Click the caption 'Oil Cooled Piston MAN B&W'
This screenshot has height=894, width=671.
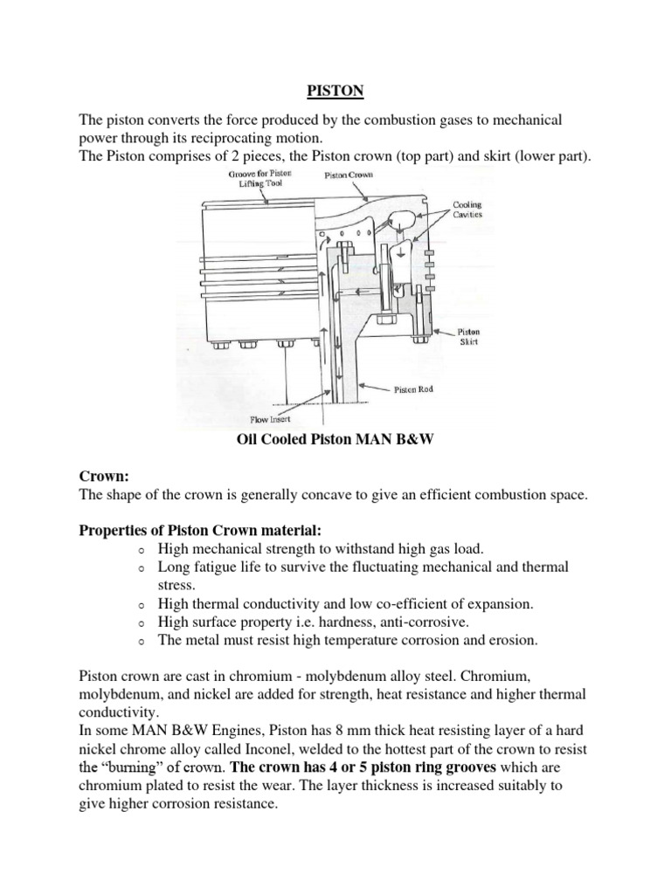335,441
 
